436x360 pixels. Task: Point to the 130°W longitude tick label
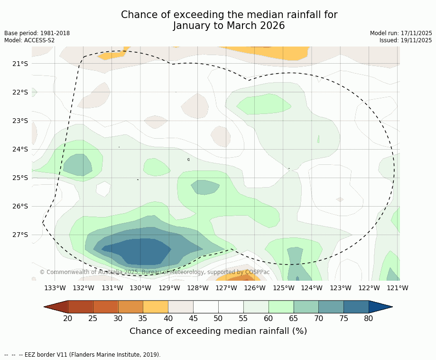tap(140, 288)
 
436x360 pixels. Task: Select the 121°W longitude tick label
tap(397, 288)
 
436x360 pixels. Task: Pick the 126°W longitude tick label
tap(255, 288)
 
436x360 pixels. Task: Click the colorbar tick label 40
tap(168, 318)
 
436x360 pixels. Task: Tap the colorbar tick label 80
tap(369, 318)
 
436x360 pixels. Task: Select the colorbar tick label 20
tap(68, 318)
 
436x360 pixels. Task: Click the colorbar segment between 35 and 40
tap(156, 307)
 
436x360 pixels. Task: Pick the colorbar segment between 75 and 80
tap(356, 307)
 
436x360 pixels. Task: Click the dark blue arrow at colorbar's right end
tap(380, 307)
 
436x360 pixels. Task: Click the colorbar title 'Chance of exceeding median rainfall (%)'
tap(218, 331)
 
